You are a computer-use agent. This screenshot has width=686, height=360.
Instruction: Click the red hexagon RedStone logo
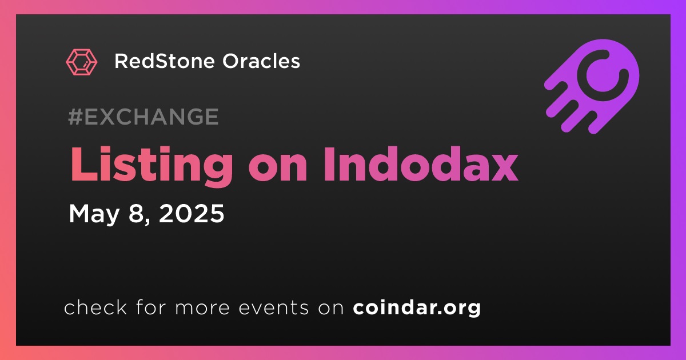click(81, 62)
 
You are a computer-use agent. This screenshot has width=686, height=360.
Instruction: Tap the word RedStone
click(165, 61)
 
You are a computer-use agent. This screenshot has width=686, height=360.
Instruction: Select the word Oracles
click(261, 61)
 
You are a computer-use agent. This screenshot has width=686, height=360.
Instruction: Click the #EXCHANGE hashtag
click(143, 117)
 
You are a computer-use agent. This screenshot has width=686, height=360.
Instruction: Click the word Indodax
click(421, 164)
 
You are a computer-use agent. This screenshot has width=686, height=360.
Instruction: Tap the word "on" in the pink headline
click(278, 169)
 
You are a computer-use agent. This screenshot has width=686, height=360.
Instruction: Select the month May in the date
click(94, 214)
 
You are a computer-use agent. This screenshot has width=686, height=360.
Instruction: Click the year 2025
click(192, 213)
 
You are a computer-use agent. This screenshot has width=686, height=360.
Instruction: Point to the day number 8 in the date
click(137, 214)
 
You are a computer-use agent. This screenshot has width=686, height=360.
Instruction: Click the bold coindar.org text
click(417, 307)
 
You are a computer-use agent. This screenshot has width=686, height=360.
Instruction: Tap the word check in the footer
click(95, 307)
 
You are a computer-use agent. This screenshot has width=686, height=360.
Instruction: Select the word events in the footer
click(274, 308)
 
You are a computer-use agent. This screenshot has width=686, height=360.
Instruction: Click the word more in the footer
click(202, 309)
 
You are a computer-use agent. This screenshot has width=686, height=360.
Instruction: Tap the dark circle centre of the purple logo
click(603, 75)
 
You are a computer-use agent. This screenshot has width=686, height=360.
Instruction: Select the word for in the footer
click(151, 307)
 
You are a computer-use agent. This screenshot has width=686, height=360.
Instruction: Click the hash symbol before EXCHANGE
click(75, 117)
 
